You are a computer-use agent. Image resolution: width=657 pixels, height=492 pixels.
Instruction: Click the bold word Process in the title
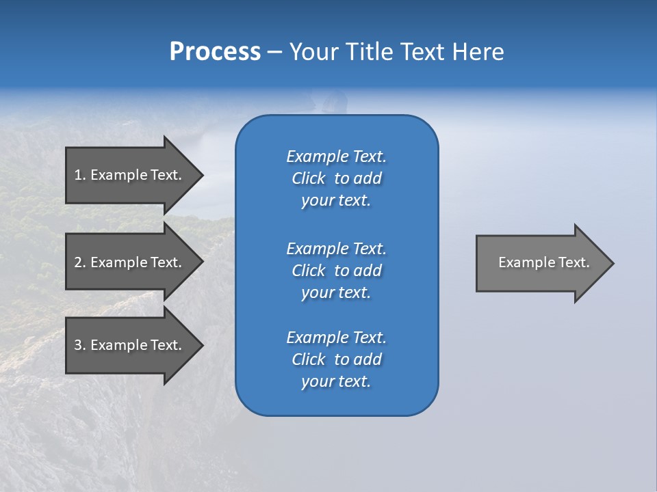pos(215,52)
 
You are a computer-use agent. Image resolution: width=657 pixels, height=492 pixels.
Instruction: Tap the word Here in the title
pos(478,52)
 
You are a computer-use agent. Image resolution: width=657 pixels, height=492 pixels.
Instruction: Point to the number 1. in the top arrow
pos(80,175)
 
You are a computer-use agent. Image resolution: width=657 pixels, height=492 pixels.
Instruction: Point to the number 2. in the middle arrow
pos(80,262)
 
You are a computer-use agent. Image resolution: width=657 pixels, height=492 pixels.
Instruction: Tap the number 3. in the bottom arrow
pos(80,345)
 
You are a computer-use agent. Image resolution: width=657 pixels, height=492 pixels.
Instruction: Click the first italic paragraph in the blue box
pos(336,178)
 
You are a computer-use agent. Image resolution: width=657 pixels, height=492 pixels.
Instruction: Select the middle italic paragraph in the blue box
pos(336,271)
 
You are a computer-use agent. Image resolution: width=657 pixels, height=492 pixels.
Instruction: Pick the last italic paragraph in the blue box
pos(336,359)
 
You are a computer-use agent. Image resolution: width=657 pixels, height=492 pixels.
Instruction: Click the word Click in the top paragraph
pos(308,178)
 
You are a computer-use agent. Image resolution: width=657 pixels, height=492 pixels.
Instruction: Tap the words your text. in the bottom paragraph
pos(336,382)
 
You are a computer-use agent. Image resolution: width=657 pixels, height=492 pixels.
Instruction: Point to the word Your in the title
pos(312,52)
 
